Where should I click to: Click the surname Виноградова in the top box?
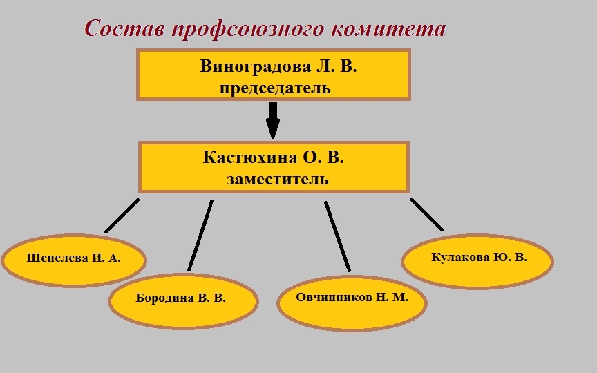[x=255, y=66]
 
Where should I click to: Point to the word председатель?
[x=275, y=88]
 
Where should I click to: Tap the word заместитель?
[x=278, y=179]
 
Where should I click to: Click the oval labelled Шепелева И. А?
[x=74, y=260]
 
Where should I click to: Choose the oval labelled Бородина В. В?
[x=184, y=301]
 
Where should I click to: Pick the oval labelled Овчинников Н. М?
[x=352, y=303]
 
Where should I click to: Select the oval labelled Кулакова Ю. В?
[x=477, y=261]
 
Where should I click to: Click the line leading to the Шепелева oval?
[x=122, y=216]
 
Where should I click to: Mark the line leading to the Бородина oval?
[x=200, y=236]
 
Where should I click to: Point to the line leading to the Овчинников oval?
[x=337, y=236]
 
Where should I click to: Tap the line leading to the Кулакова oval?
[x=426, y=214]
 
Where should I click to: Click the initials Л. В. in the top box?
[x=337, y=66]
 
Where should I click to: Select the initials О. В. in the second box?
[x=323, y=157]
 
